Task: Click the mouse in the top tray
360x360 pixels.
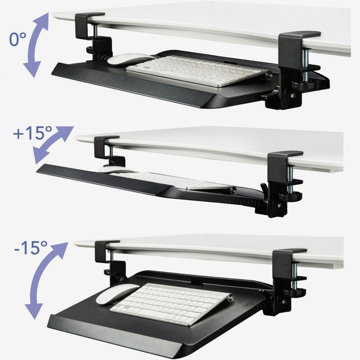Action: pos(135,60)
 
